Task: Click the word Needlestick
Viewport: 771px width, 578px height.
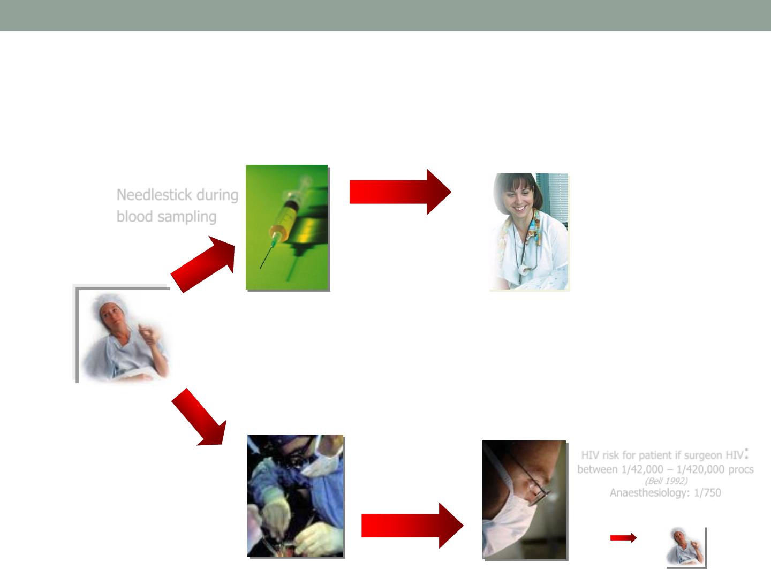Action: click(155, 195)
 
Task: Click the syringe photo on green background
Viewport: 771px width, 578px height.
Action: click(288, 228)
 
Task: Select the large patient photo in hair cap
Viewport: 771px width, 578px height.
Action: click(122, 334)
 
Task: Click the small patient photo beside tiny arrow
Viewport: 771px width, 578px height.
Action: click(687, 547)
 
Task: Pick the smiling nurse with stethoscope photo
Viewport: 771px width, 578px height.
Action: click(530, 232)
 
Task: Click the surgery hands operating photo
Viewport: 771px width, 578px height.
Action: click(296, 496)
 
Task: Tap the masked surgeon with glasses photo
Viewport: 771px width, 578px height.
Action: click(525, 500)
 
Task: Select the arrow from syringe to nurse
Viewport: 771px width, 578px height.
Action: click(400, 192)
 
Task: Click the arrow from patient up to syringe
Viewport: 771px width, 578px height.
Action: click(203, 264)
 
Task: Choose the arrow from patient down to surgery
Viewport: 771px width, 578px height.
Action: click(199, 417)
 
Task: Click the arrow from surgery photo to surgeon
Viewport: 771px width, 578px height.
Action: click(412, 526)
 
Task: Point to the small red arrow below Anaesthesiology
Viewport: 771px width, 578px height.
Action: click(623, 538)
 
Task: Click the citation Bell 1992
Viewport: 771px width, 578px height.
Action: click(667, 481)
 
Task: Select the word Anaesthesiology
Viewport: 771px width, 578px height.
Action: click(650, 493)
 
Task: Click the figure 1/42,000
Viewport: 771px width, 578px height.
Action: click(642, 469)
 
